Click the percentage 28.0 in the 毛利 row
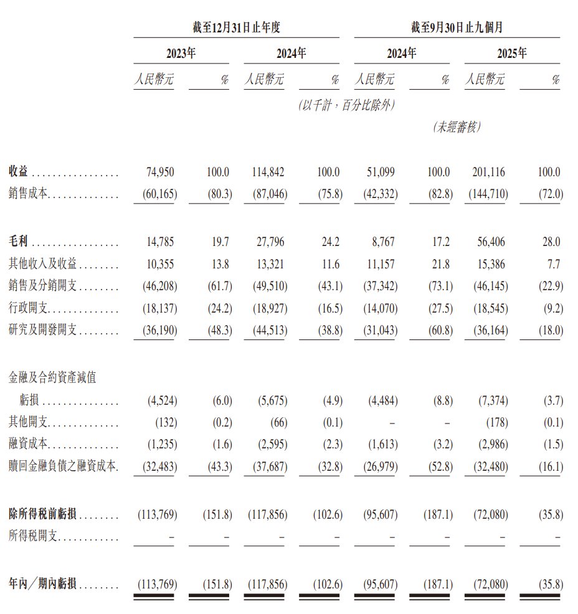coord(551,242)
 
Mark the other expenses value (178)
coord(496,423)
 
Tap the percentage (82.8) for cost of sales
coord(438,195)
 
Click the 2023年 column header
coord(181,54)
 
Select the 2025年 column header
coord(511,54)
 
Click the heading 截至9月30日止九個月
coord(457,27)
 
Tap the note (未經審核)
coord(457,127)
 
